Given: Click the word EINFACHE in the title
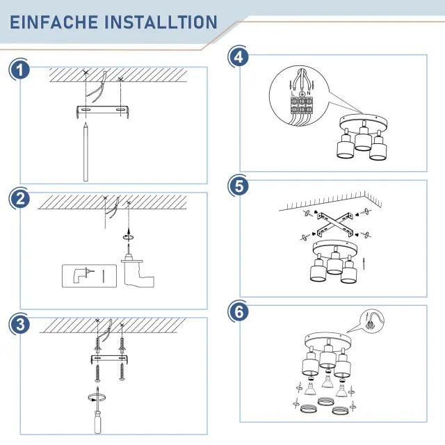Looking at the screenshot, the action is point(54,22).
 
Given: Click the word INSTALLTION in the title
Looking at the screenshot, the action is point(161,22).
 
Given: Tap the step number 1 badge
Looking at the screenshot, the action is point(19,70).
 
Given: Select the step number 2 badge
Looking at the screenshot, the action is point(19,199).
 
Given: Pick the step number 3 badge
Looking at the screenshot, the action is point(19,324).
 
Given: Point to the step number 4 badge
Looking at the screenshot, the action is point(238,57).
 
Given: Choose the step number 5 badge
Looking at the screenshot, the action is point(239,186).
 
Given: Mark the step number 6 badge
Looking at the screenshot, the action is point(239,311).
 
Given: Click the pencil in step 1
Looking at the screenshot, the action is point(86,152).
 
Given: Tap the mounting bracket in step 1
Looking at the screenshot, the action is point(103,111).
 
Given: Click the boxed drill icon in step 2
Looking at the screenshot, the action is point(89,276).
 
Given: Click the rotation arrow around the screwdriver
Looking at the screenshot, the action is point(97,398).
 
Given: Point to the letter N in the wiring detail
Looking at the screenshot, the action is point(309,92).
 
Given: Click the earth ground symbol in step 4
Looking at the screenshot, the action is point(302,93).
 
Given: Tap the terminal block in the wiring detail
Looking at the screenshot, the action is point(301,105).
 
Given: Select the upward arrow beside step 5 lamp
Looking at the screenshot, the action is point(364,264).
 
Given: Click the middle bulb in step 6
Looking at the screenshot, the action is point(327,382).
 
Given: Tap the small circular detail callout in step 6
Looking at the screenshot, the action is point(372,321).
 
